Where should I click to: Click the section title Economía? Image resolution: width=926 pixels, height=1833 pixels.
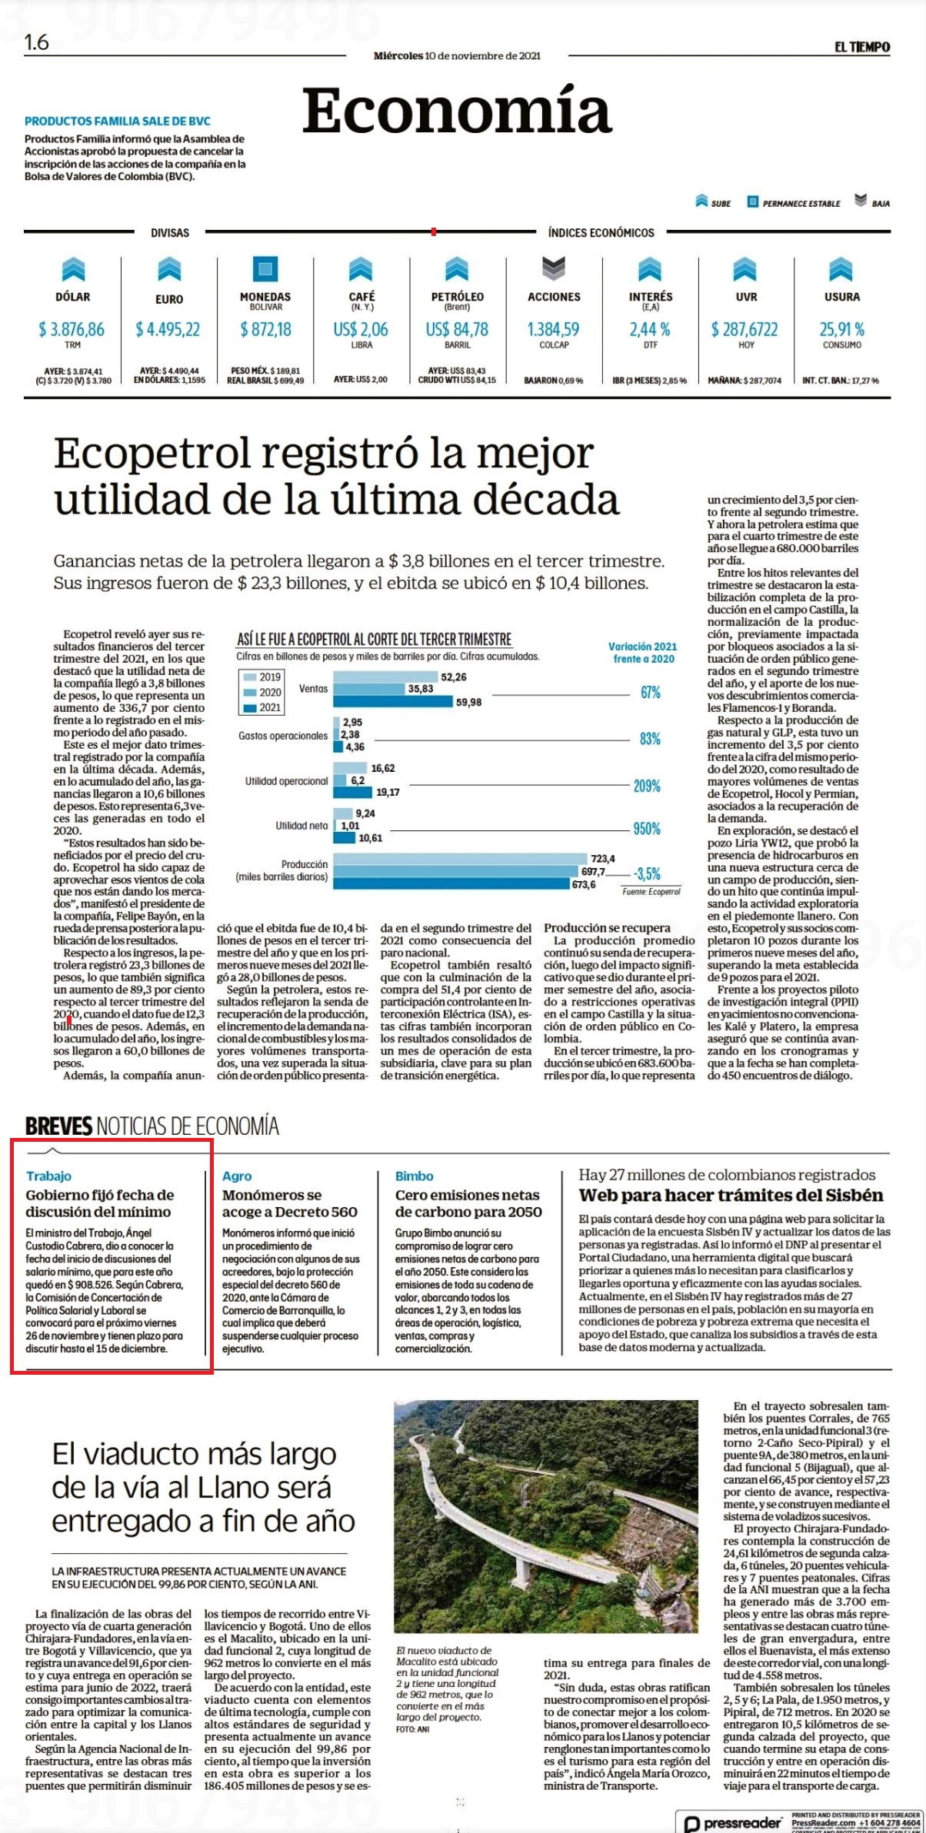click(457, 111)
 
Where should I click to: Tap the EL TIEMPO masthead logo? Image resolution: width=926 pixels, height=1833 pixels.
click(862, 47)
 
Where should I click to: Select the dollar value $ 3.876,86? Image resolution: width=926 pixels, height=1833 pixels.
click(72, 329)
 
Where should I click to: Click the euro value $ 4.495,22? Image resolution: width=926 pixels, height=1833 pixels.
click(168, 329)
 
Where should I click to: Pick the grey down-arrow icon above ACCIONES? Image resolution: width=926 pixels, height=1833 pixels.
click(554, 268)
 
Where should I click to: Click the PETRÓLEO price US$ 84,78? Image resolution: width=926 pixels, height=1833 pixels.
click(457, 329)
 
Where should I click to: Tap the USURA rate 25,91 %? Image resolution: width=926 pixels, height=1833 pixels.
click(841, 329)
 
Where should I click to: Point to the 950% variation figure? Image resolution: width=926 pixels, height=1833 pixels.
click(647, 829)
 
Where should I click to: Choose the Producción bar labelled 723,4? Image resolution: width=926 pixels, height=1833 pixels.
click(458, 859)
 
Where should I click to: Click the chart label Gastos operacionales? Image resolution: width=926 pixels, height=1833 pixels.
click(283, 736)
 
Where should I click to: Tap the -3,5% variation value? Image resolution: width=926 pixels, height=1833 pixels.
click(648, 873)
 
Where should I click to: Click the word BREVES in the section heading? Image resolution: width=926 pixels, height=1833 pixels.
click(58, 1126)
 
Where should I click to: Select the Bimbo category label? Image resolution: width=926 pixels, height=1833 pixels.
click(414, 1176)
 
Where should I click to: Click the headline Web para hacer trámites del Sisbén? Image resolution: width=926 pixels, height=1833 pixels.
click(731, 1195)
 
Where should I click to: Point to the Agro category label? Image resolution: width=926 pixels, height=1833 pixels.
click(237, 1176)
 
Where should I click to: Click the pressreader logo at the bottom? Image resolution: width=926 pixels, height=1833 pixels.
click(734, 1822)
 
